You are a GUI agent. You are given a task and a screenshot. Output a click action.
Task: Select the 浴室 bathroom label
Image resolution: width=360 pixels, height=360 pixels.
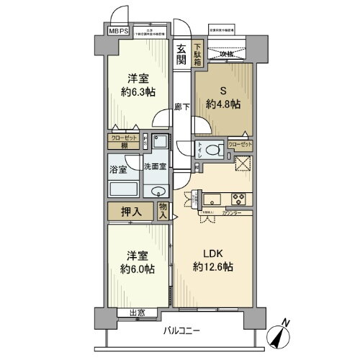pos(118,170)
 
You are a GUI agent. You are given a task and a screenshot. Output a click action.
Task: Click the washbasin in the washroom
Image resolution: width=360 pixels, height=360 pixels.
pos(156,190)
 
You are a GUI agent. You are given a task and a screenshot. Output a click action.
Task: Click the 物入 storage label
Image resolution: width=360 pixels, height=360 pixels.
pos(163,210)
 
